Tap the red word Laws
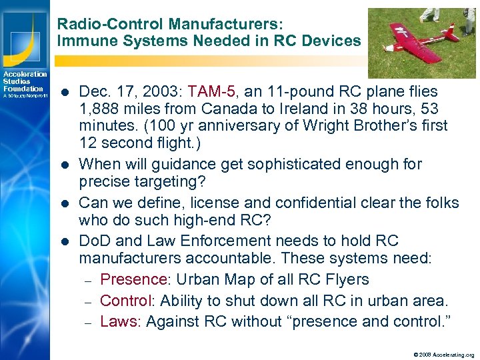[x=119, y=321]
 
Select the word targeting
[x=173, y=181]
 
